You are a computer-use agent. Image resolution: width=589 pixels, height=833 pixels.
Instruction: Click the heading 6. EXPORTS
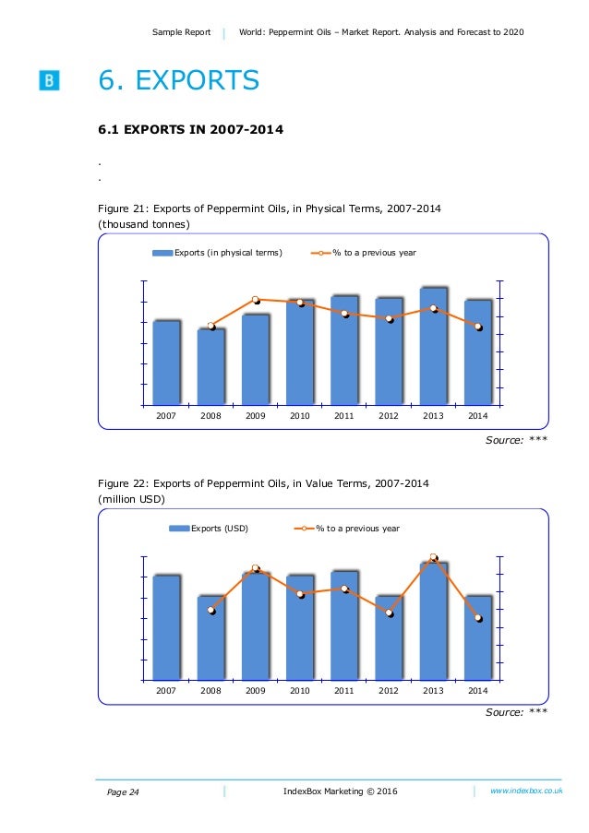click(179, 81)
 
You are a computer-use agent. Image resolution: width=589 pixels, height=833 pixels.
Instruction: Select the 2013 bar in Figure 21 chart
click(433, 346)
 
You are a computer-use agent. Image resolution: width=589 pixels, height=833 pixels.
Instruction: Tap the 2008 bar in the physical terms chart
click(210, 366)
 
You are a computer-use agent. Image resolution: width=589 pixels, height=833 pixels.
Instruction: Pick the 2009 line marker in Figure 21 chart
click(256, 300)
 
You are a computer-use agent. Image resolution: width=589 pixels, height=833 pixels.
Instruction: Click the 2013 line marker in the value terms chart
click(433, 558)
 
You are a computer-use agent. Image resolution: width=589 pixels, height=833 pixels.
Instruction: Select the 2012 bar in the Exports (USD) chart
click(389, 637)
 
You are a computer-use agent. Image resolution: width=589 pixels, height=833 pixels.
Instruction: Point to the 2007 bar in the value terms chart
click(166, 627)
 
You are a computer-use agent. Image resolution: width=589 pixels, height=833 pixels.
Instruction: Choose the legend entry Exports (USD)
click(209, 529)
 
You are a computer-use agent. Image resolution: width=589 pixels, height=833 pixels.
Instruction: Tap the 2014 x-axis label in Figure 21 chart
click(477, 416)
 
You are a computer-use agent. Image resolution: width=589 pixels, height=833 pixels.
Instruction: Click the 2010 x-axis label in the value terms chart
click(299, 690)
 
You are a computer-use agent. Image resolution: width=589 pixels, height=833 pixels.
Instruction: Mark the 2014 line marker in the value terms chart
click(478, 618)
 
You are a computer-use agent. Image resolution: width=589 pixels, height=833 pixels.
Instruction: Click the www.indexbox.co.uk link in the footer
click(526, 791)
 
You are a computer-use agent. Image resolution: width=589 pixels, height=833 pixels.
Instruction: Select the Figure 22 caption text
click(263, 483)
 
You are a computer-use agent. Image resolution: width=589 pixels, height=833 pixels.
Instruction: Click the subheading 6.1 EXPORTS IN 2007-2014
click(184, 128)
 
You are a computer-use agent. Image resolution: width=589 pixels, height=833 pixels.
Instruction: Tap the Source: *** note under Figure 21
click(516, 439)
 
